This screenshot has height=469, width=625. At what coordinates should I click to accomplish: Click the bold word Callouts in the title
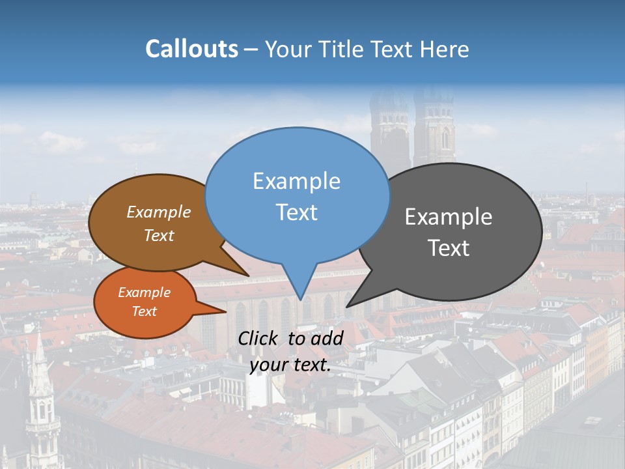coord(191,49)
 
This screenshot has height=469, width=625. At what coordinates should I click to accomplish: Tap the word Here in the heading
coord(444,49)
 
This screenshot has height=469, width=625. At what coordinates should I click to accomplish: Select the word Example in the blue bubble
coord(296,180)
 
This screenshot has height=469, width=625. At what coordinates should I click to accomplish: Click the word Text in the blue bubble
coord(296,212)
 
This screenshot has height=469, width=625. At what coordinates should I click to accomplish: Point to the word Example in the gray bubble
coord(449,216)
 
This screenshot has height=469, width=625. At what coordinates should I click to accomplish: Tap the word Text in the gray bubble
coord(449,248)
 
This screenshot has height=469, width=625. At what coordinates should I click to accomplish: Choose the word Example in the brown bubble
coord(158,212)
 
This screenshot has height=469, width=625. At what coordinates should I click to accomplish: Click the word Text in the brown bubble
coord(158,235)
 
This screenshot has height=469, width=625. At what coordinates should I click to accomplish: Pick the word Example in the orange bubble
coord(144,292)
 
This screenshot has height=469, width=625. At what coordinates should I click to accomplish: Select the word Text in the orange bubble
coord(144,311)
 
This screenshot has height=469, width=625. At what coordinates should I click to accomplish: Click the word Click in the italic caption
coord(259,337)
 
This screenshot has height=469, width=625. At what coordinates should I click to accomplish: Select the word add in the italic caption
coord(327,337)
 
